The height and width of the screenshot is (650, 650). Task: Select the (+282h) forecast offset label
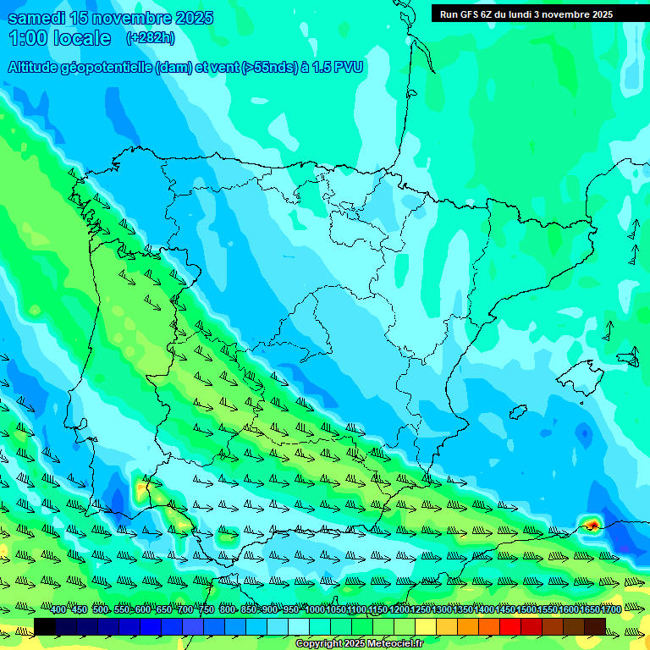pos(150,38)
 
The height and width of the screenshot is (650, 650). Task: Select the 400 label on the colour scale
pos(58,609)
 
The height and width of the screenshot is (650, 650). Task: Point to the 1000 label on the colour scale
pos(315,609)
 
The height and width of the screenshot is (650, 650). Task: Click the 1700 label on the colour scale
pos(611,609)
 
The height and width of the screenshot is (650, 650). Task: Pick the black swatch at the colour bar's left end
pos(45,626)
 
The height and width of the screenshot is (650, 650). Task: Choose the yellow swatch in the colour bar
pos(426,626)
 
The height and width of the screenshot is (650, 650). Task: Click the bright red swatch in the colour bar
pos(510,626)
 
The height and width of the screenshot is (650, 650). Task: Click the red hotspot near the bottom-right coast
pos(592,525)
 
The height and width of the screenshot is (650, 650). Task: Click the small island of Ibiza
pos(516,412)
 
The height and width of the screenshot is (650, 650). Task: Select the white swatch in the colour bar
pos(299,626)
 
